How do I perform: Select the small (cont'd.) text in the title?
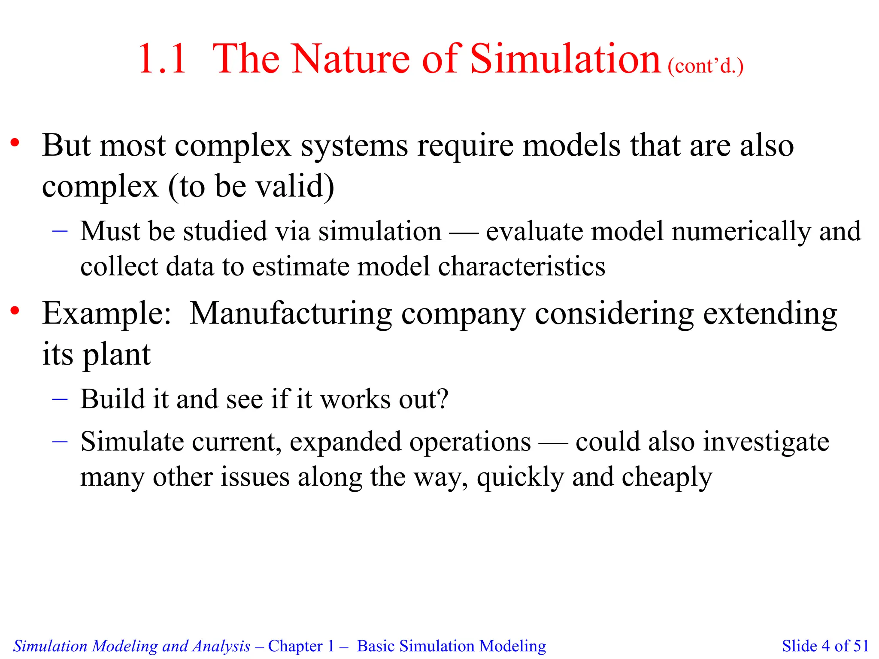pos(706,67)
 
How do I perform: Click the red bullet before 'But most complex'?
pos(15,143)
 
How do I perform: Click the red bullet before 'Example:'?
pos(15,311)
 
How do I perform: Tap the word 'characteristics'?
pos(521,266)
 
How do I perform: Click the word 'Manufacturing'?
pos(291,314)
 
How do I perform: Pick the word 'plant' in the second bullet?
pos(116,355)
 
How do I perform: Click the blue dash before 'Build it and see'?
pos(60,399)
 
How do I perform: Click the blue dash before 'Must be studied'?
pos(60,231)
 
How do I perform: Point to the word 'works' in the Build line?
pos(356,399)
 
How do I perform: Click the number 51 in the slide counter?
pos(861,646)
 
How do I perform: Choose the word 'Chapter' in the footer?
pos(295,646)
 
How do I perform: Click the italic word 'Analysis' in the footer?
pos(221,646)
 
